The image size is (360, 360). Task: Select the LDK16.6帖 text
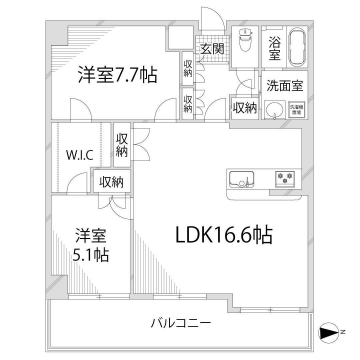coord(222,236)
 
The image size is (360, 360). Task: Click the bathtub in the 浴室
coord(298,47)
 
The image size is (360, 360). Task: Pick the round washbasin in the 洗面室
coord(274,110)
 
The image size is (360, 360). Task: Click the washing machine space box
coord(298,111)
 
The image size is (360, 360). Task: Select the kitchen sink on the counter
coord(242,180)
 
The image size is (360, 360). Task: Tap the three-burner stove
coord(283,180)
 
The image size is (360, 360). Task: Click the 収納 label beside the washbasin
coord(244,108)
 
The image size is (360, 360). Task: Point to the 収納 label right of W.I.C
coord(121,145)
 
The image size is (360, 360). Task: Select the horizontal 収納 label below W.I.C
coord(111,181)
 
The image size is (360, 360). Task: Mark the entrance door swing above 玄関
coord(212,20)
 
